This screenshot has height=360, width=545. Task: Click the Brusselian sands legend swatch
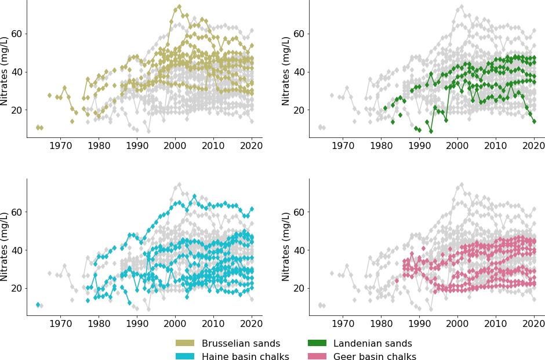pos(186,344)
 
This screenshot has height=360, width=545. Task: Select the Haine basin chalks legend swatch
pos(186,357)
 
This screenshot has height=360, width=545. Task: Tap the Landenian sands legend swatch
pos(317,344)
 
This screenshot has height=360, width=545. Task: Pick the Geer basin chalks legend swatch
pos(317,357)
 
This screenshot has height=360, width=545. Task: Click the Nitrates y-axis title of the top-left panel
pos(5,71)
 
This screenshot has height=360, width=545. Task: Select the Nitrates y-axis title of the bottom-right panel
pos(287,246)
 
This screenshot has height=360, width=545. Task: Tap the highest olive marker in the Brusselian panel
pos(179,7)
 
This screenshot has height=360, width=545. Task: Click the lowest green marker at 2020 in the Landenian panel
pos(534,121)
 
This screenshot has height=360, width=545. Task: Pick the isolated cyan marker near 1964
pos(38,304)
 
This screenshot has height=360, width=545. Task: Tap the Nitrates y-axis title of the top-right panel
pos(287,71)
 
